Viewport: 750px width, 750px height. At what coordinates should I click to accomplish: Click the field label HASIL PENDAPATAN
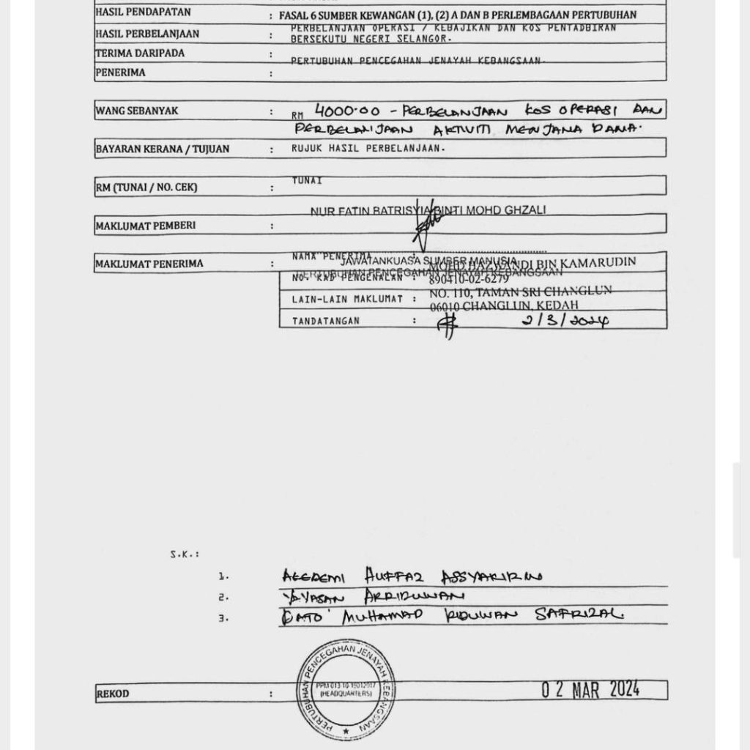pos(143,12)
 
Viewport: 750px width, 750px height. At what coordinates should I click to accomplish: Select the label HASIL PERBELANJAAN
pos(147,34)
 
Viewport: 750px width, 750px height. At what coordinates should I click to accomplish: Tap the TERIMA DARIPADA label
pos(140,53)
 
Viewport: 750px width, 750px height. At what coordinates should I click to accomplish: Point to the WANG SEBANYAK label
pos(137,111)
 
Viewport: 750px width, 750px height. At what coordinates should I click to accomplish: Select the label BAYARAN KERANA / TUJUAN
pos(163,149)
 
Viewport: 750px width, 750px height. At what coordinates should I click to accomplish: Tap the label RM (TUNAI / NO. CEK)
pos(146,187)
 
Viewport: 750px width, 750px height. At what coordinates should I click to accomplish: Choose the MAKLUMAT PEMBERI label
pos(146,226)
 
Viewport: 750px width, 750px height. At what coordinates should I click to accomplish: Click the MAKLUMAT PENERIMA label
pos(149,264)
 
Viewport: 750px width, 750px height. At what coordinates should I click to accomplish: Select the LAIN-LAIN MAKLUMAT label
pos(338,299)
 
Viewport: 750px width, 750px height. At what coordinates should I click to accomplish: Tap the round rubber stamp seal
pos(346,687)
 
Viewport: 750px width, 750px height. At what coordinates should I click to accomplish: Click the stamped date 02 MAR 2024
pos(590,689)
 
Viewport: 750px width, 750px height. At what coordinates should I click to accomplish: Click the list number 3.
pos(223,617)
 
